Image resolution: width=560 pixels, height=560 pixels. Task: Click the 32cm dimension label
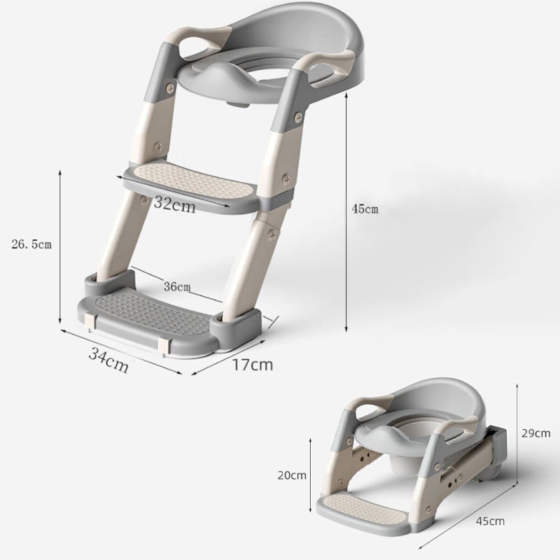click(174, 204)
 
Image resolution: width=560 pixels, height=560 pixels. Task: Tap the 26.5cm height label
click(31, 244)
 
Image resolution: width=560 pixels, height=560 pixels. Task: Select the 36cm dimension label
click(177, 286)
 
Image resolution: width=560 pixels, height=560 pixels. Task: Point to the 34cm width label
click(108, 359)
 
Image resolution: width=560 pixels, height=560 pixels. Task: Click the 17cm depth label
click(253, 365)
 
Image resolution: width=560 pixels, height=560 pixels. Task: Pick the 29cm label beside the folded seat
click(535, 433)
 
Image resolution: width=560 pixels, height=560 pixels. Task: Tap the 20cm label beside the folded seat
click(292, 475)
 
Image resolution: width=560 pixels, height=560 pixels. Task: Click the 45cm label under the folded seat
click(490, 521)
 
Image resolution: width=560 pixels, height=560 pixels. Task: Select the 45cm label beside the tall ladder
click(365, 209)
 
